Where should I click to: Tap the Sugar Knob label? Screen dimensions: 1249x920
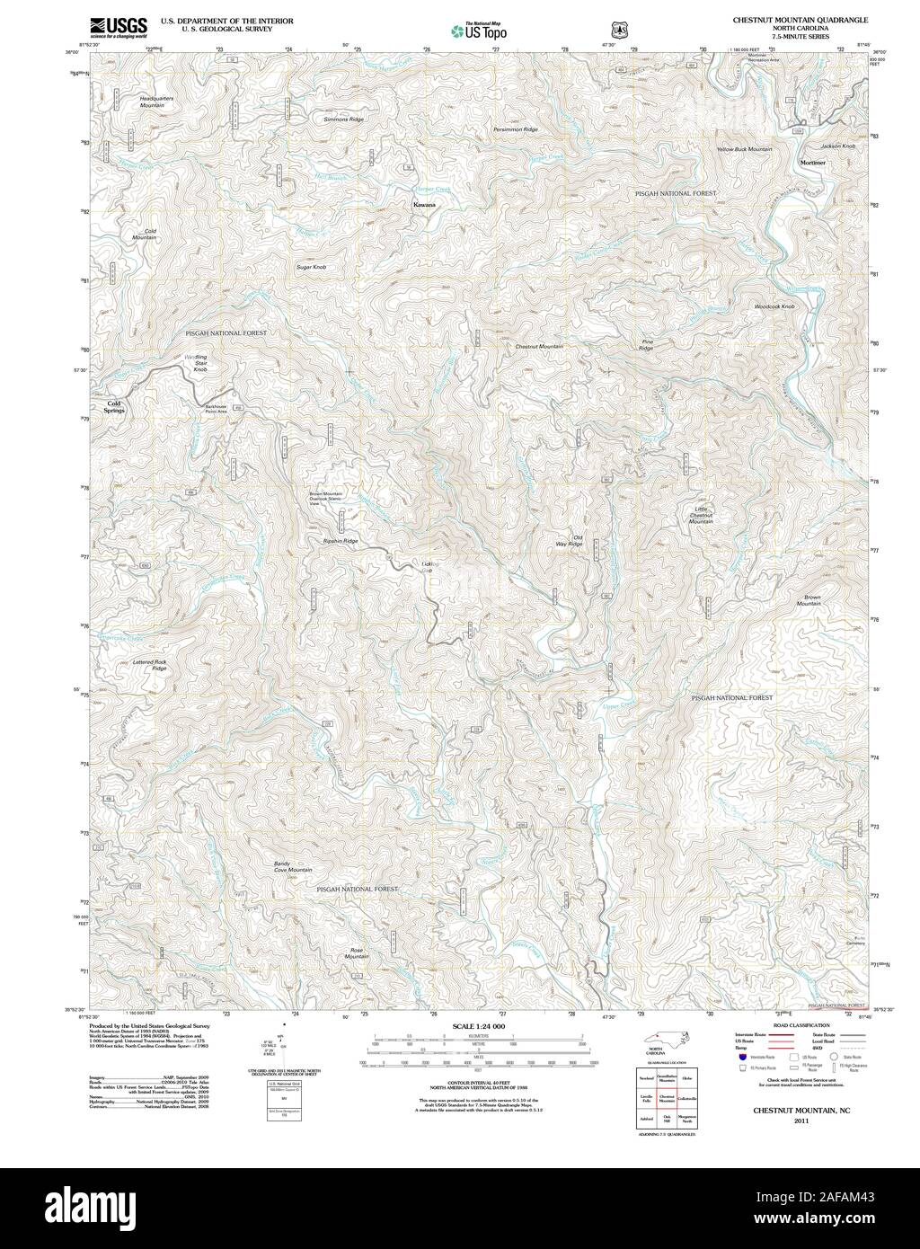(x=311, y=268)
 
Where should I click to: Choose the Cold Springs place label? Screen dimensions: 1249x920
(x=114, y=406)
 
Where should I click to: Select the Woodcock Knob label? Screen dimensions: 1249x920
(x=774, y=307)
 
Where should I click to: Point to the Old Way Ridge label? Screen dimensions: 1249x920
(x=568, y=541)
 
